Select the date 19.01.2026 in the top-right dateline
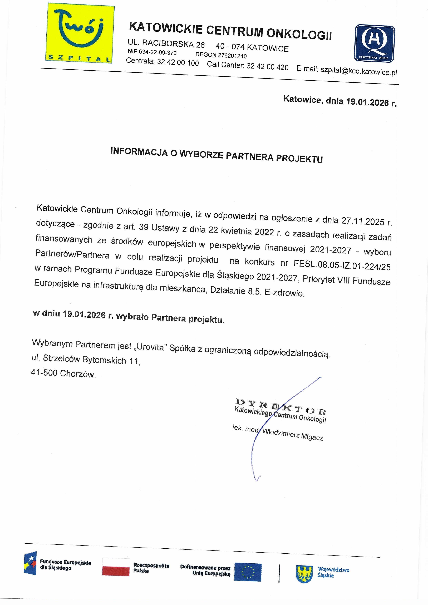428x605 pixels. pyautogui.click(x=367, y=102)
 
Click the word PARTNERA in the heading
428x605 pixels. pyautogui.click(x=249, y=156)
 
